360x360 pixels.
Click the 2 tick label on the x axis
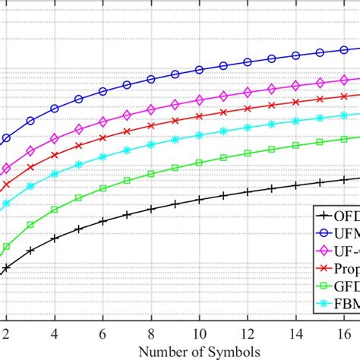(6, 333)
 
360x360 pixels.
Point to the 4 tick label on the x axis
(55, 333)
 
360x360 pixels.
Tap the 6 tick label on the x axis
(103, 333)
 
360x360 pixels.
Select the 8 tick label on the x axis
(151, 333)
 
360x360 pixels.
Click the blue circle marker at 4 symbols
(55, 109)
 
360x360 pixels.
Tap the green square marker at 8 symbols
(151, 174)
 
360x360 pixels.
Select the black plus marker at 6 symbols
(103, 219)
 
